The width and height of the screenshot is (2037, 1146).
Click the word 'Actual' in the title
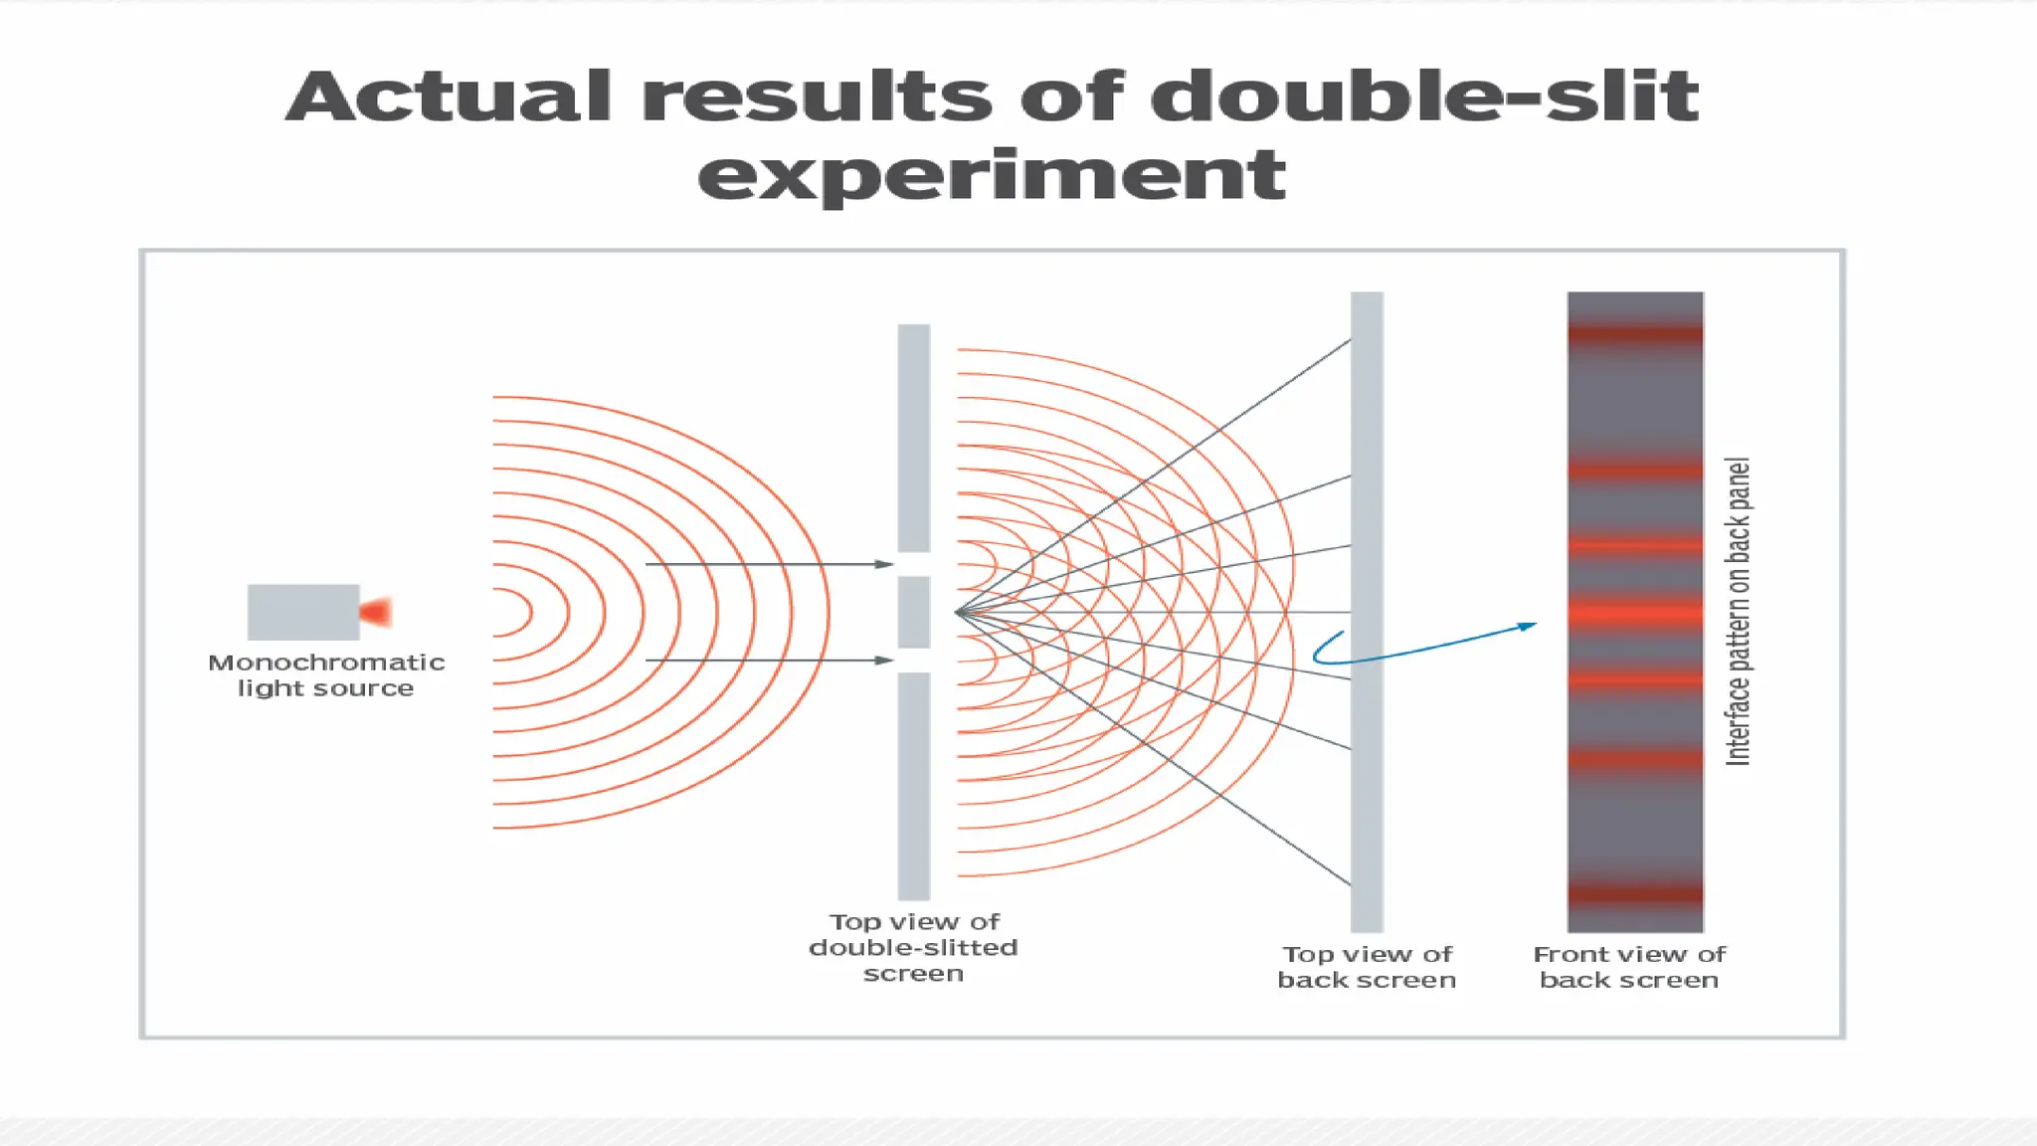coord(448,97)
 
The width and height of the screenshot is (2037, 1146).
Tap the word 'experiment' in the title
coord(991,175)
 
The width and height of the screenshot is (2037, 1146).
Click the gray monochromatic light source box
coord(302,612)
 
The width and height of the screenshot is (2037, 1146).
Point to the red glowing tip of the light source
coord(378,612)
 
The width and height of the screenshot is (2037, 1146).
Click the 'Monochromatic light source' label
coord(326,675)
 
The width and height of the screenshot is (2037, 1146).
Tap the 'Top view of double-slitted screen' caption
coord(913,947)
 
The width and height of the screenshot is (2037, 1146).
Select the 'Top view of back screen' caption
coord(1367,967)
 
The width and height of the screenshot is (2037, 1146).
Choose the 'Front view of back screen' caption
coord(1629,967)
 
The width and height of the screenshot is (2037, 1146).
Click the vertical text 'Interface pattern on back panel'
coord(1738,612)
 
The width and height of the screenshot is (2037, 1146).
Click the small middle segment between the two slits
coord(914,612)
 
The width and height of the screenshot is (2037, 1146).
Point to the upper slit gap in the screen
coord(914,564)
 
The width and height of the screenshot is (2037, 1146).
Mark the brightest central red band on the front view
coord(1635,614)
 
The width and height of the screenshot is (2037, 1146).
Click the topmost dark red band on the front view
coord(1635,334)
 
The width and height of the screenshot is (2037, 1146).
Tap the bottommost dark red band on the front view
coord(1635,893)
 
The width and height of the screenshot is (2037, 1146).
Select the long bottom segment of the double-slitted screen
coord(914,786)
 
